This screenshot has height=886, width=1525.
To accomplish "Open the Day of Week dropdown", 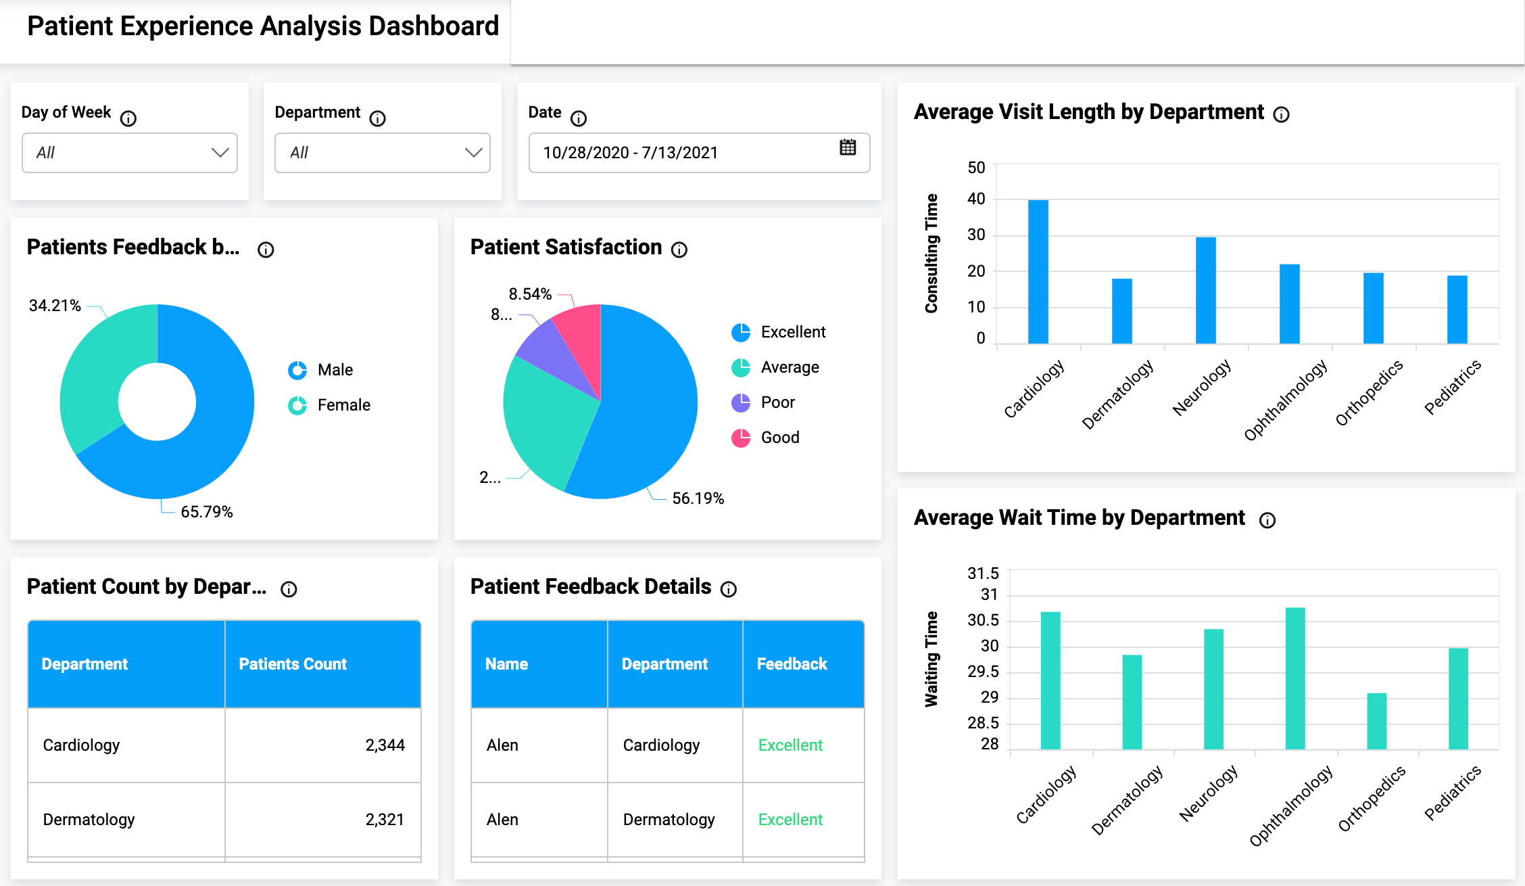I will pos(129,153).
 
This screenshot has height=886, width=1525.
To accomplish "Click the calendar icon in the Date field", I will pos(848,147).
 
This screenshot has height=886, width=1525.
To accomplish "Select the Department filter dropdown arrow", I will pos(473,153).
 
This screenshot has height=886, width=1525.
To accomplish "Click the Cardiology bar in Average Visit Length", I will pos(1038,271).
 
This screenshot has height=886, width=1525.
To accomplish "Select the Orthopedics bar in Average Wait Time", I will pos(1376,721).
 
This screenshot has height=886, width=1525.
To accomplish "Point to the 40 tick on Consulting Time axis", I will pos(976,199).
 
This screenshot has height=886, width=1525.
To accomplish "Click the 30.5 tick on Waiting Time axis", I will pos(983,620).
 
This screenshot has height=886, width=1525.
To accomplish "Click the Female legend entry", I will pos(343,405).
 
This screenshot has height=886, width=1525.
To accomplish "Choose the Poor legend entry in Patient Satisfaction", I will pos(777,402).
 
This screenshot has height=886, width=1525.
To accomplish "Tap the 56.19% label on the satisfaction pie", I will pos(698,498).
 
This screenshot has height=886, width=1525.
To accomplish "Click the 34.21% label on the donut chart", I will pos(55,306).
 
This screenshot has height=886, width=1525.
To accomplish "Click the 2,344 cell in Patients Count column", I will pos(385,745).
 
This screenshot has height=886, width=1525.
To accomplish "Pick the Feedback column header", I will pos(792,664).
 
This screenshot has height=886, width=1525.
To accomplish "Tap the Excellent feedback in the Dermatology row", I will pos(790,820).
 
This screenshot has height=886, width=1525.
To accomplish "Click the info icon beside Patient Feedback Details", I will pos(728,589).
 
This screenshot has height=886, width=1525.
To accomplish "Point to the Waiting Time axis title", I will pos(931,659).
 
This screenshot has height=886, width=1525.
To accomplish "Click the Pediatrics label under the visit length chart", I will pos(1452,387).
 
